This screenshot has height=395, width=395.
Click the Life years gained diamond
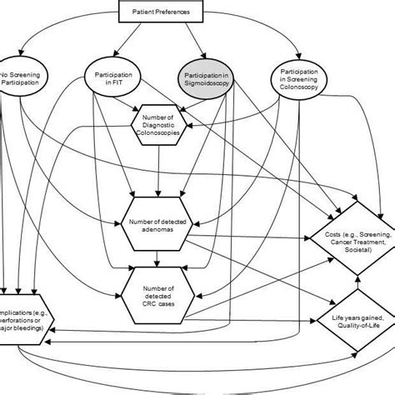pos(353,320)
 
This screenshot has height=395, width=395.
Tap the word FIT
pos(112,87)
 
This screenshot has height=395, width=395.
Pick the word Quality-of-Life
pos(353,325)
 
